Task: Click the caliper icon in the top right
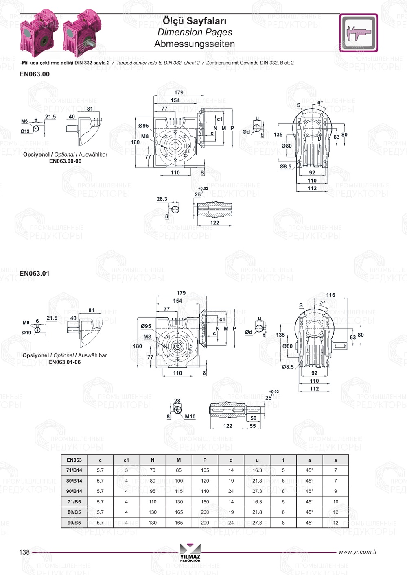[x=359, y=33]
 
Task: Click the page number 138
[x=24, y=552]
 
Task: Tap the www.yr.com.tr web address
[x=357, y=552]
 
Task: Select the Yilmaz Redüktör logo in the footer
[x=190, y=552]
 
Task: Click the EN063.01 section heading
[x=34, y=274]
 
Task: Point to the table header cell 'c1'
[x=127, y=460]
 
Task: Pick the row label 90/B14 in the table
[x=74, y=491]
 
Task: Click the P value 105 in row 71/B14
[x=205, y=470]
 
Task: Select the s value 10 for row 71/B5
[x=335, y=502]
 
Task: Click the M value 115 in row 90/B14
[x=179, y=491]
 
